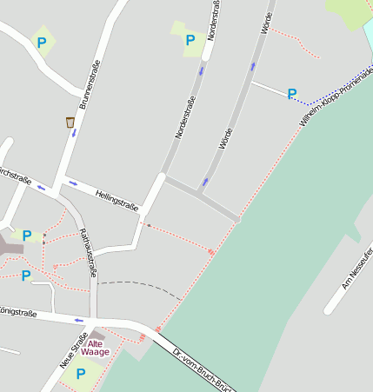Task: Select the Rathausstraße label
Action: coord(87,252)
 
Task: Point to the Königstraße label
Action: coord(17,310)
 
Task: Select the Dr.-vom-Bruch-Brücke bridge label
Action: coord(203,371)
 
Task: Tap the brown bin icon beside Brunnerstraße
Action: coord(70,123)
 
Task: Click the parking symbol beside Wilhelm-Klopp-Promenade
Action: coord(292,93)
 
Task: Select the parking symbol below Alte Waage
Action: coord(80,374)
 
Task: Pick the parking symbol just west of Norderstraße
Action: coord(190,39)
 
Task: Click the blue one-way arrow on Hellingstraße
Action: coord(73,183)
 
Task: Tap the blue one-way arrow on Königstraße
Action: coord(79,320)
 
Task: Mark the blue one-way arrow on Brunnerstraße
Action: coord(74,134)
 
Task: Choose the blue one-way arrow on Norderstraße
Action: coord(202,71)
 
